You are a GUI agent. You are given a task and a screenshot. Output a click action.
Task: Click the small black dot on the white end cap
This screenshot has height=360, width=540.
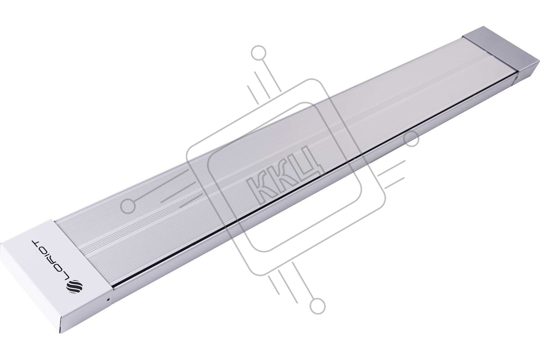(x=108, y=300)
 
